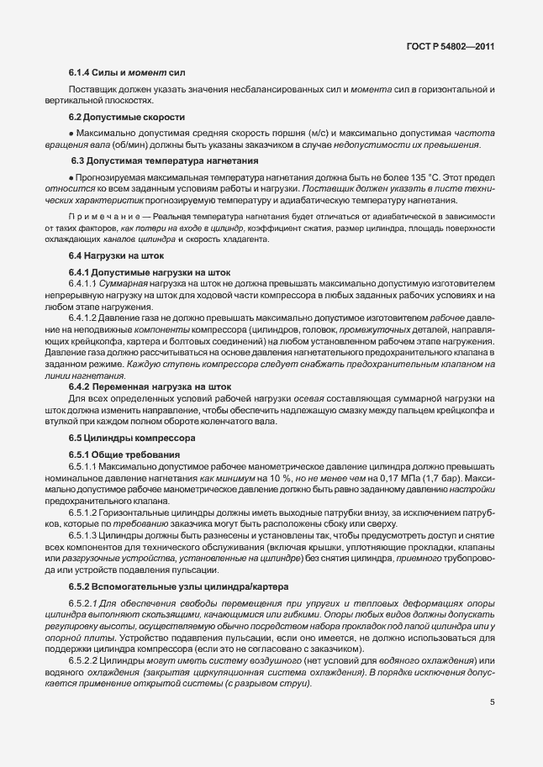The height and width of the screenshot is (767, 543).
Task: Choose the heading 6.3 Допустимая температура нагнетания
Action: [152, 160]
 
